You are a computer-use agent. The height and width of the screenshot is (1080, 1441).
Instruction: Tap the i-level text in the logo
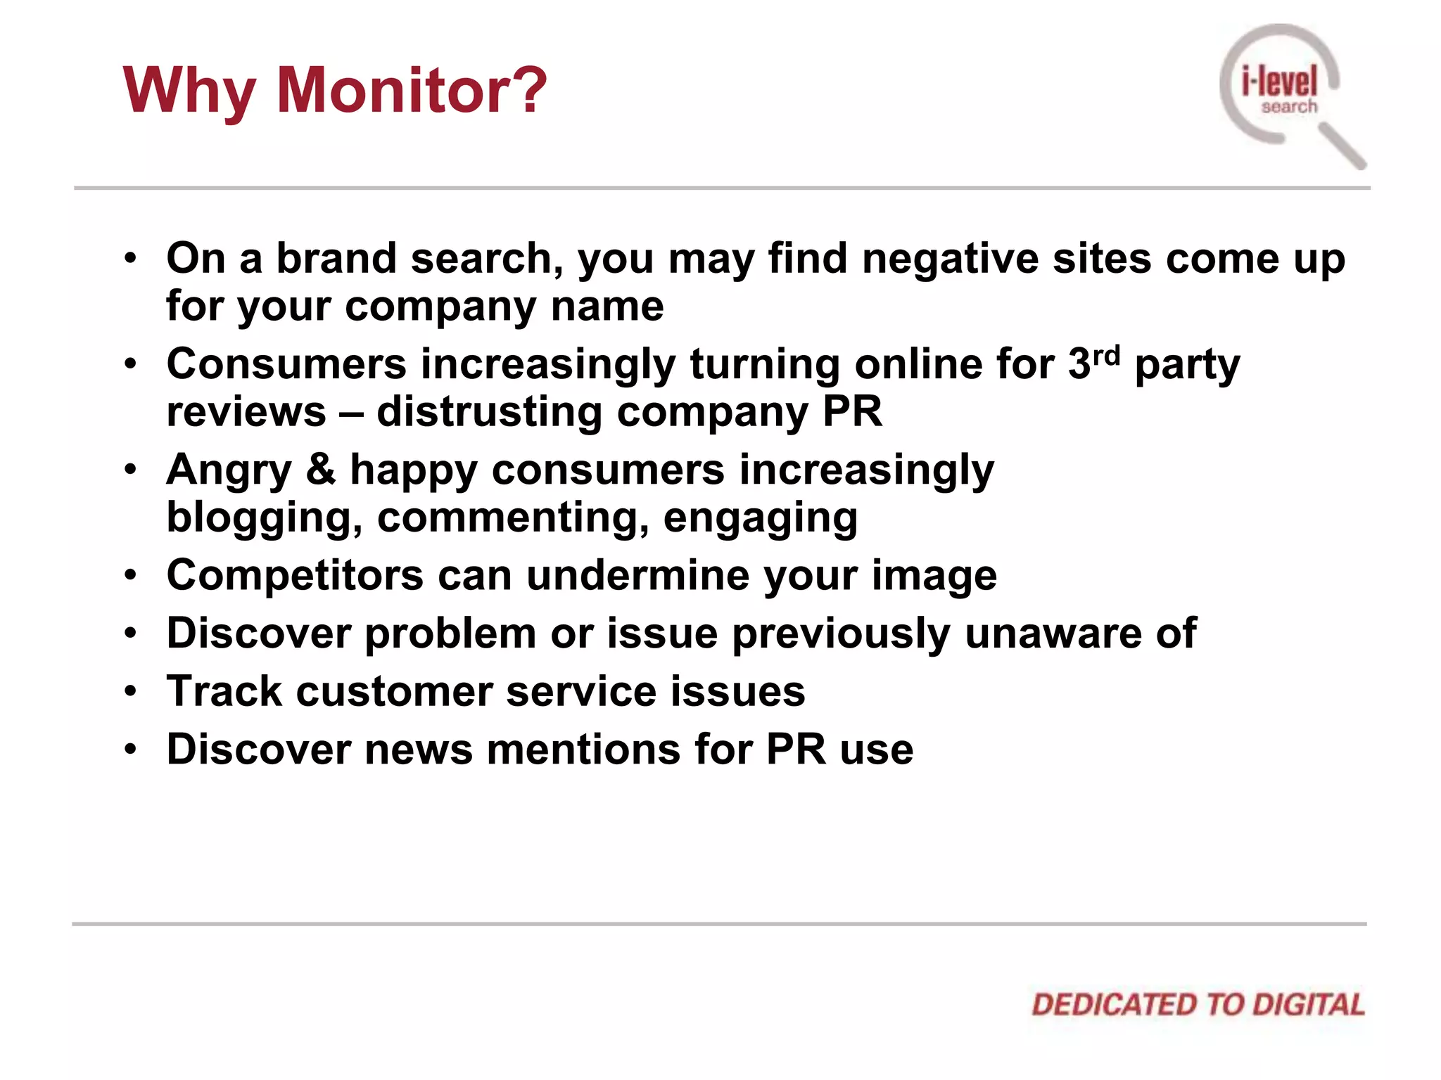(1279, 82)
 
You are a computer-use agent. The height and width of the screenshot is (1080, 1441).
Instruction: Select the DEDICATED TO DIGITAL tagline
(1198, 1005)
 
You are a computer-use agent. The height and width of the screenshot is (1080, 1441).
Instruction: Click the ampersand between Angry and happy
(321, 470)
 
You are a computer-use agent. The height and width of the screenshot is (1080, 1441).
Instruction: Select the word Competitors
(295, 576)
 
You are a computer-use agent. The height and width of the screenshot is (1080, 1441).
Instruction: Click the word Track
(224, 691)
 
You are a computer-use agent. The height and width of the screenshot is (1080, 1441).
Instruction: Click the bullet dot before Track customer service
(130, 692)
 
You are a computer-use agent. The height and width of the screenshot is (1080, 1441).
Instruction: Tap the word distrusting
(489, 412)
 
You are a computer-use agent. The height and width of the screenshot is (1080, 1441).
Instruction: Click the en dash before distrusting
(351, 413)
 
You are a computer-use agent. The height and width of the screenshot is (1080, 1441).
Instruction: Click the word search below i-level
(1289, 107)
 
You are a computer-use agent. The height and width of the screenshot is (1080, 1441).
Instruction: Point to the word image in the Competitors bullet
(934, 576)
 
